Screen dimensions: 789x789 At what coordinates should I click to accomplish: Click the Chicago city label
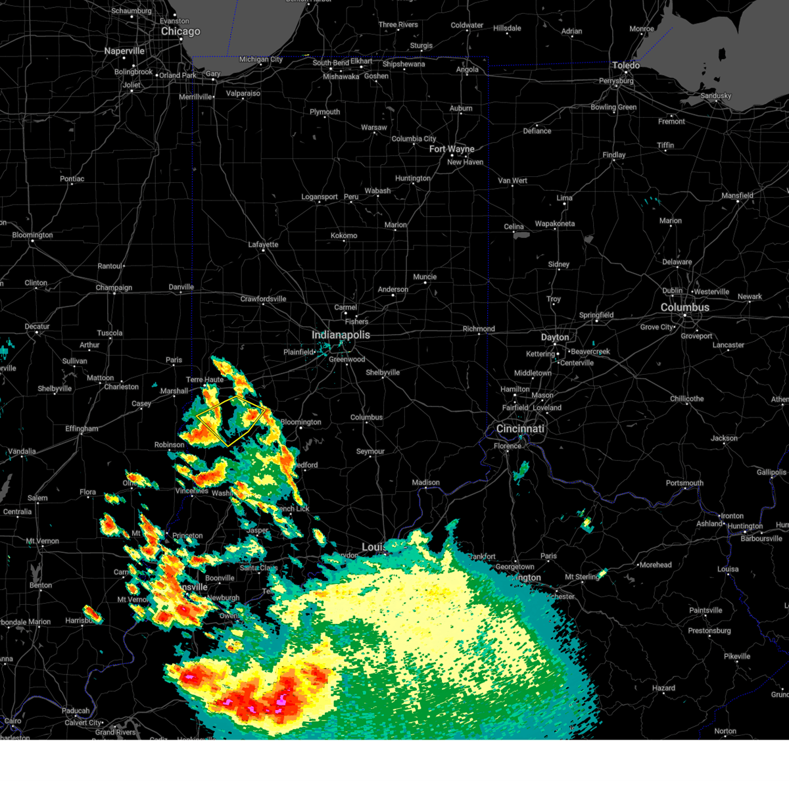180,32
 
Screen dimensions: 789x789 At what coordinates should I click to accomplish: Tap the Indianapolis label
341,335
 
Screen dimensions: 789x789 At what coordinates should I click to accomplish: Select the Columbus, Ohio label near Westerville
684,308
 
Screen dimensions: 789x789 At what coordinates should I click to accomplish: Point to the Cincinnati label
520,429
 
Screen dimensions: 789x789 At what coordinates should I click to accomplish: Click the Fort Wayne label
452,149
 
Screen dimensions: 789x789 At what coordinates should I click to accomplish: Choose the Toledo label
625,66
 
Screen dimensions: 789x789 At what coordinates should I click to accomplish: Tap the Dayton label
555,337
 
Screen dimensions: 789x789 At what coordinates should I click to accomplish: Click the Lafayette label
263,245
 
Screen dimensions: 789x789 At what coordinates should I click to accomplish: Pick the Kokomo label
344,235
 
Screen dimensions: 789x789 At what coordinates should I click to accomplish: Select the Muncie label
425,277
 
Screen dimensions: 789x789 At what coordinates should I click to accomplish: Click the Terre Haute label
204,379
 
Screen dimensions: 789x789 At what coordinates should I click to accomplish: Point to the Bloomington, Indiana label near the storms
301,422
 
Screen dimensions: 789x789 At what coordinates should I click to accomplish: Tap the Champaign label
114,288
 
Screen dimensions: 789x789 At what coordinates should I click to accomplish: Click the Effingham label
82,429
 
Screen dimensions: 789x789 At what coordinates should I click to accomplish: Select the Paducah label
76,711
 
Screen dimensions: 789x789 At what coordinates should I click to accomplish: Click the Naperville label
124,51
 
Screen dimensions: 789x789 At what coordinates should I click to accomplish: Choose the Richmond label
479,329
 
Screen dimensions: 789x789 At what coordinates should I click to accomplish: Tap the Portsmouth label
684,483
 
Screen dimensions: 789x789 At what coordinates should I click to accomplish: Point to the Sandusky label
716,96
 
